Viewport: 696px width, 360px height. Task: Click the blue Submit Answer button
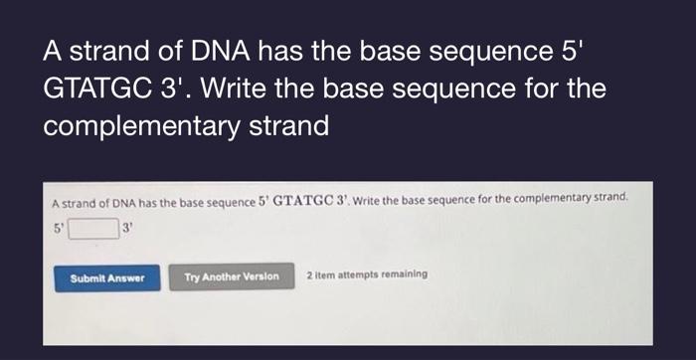pos(107,276)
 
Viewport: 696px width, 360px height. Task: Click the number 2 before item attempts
pos(309,274)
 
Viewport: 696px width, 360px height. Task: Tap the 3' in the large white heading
pos(177,89)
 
